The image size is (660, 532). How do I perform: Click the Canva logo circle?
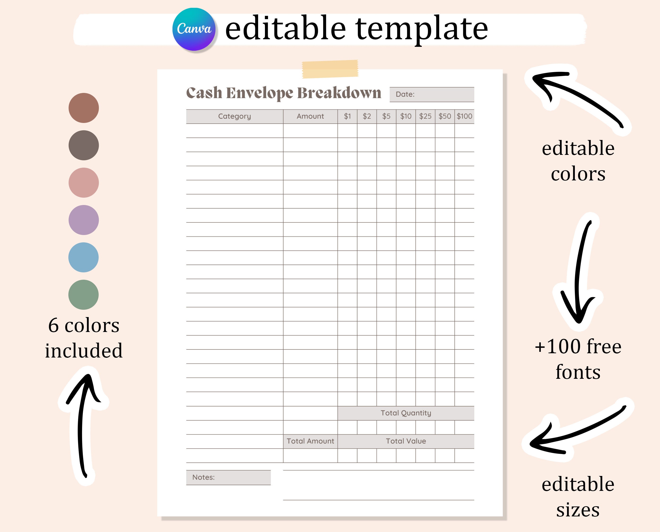click(194, 29)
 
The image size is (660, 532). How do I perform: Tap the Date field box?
click(432, 94)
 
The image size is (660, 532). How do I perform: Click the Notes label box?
click(228, 477)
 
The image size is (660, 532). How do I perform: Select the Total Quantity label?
click(406, 413)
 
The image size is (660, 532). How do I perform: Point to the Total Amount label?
click(310, 441)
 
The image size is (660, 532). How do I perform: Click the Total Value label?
click(406, 441)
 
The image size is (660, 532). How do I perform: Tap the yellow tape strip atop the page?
click(330, 69)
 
